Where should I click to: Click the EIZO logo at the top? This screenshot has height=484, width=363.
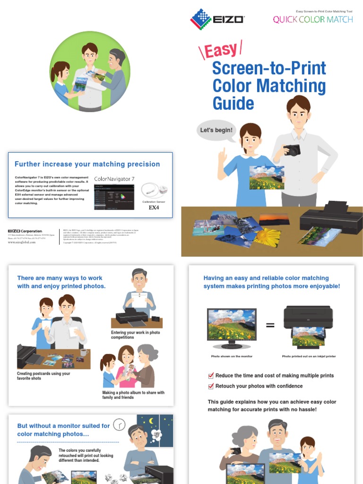coord(217,19)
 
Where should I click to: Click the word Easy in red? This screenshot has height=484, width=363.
coord(221,50)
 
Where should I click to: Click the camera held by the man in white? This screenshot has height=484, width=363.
coord(292,151)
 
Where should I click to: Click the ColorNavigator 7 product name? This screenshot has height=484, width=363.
coord(114,179)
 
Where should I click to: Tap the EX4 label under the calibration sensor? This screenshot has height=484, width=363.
coord(154,207)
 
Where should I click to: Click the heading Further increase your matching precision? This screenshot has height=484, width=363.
coord(87,164)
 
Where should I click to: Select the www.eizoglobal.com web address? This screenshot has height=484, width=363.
coord(22,242)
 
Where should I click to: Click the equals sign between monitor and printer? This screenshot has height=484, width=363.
coord(270,325)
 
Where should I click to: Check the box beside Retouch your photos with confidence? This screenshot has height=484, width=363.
coord(211,386)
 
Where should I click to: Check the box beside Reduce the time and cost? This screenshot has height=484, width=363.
coord(211,376)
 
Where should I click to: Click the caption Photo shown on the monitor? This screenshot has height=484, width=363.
coord(232,356)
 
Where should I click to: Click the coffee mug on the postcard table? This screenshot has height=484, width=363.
coord(84,352)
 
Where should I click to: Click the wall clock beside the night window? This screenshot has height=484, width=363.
coord(119,425)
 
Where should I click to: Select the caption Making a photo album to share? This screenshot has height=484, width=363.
coord(133,395)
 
